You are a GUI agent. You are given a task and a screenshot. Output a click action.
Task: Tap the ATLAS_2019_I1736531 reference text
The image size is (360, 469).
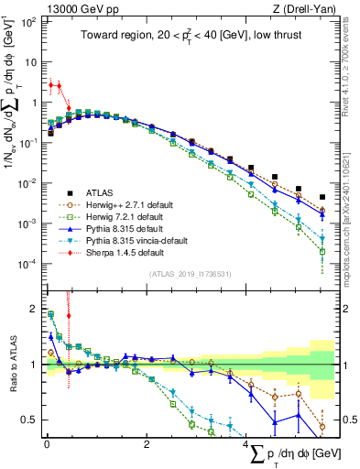[183, 273]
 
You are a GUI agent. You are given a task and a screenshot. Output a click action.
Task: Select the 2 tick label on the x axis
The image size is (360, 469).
[147, 447]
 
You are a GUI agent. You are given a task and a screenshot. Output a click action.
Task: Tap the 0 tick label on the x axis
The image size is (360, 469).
[46, 447]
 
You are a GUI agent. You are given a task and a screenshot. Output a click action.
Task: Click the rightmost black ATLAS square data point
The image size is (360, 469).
[322, 197]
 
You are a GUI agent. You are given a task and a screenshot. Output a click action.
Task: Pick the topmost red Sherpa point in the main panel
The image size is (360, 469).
[50, 84]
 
